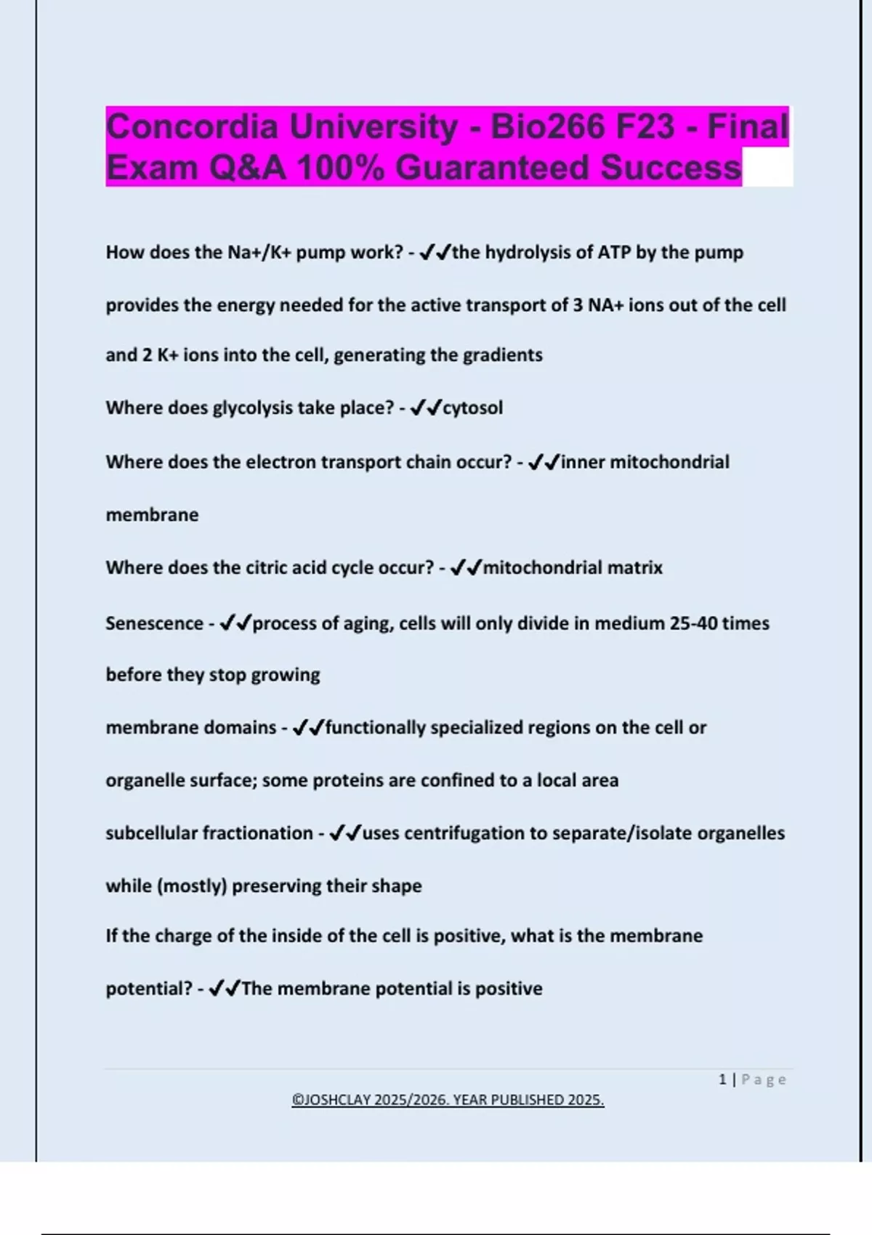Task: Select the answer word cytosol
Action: tap(472, 408)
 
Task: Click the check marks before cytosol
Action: tap(426, 408)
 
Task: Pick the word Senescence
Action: tap(154, 623)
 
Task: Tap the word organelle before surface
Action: tap(145, 780)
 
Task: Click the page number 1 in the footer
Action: tap(722, 1080)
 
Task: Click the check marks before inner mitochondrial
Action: tap(544, 462)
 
